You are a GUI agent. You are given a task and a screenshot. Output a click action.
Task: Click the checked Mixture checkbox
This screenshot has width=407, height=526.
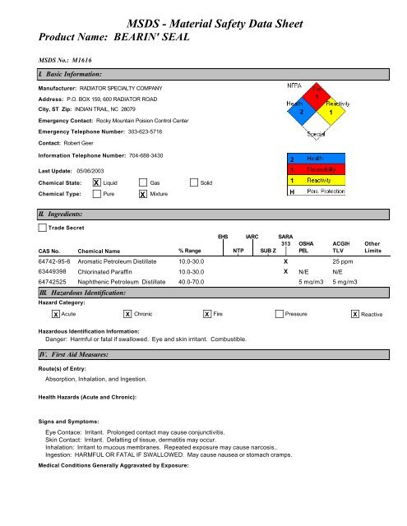[144, 194]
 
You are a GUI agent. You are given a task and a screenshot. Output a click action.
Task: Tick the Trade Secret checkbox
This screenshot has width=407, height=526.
[44, 226]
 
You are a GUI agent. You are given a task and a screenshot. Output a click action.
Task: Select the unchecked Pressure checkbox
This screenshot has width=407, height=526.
[280, 315]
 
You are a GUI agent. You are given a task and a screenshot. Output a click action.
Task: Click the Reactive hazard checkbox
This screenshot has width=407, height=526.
[354, 315]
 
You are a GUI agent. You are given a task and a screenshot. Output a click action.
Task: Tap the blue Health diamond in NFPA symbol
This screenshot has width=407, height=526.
[303, 108]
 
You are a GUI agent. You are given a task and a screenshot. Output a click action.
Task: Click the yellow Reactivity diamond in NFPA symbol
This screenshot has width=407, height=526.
[331, 108]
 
